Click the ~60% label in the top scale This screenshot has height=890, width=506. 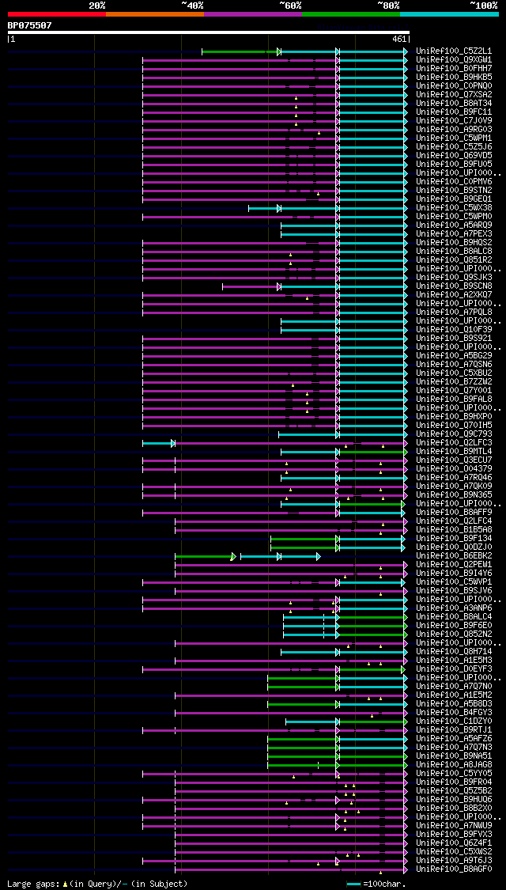pos(290,6)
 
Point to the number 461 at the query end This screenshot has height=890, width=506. pos(399,38)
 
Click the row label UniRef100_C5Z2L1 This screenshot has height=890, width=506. pos(453,51)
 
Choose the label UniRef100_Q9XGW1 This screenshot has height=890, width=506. pos(453,59)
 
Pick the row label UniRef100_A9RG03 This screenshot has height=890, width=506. pos(453,129)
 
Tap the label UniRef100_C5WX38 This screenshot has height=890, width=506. pos(453,207)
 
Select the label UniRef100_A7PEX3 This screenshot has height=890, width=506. pos(453,233)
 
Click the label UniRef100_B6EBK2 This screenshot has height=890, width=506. pos(453,556)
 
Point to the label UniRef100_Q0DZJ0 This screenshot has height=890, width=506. pos(453,547)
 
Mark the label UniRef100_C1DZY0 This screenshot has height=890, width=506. pos(453,721)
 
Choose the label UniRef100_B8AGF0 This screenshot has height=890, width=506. pos(453,869)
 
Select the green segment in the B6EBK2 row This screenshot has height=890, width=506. pos(204,556)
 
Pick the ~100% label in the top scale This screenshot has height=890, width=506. pos(483,6)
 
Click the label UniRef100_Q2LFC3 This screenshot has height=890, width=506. pos(453,443)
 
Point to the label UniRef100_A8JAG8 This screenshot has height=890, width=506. pos(453,764)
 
